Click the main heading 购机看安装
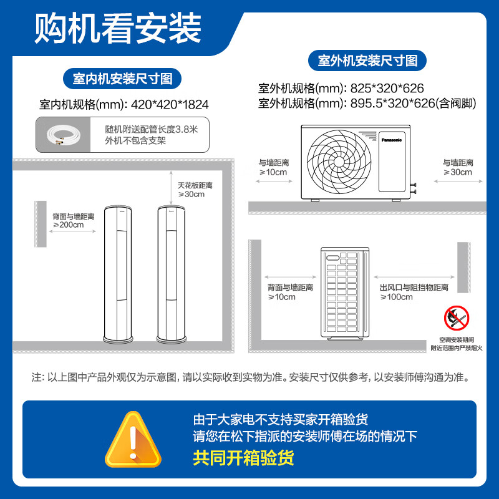[x=118, y=27]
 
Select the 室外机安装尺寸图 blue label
[x=367, y=61]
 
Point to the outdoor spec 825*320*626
[x=386, y=89]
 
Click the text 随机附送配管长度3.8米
[x=152, y=130]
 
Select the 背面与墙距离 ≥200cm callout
[x=73, y=220]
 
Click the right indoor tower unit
[x=172, y=274]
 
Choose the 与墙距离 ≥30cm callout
[x=458, y=167]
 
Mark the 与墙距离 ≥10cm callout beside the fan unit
[x=274, y=167]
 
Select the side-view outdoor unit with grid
[x=346, y=293]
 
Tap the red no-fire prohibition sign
[x=457, y=318]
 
